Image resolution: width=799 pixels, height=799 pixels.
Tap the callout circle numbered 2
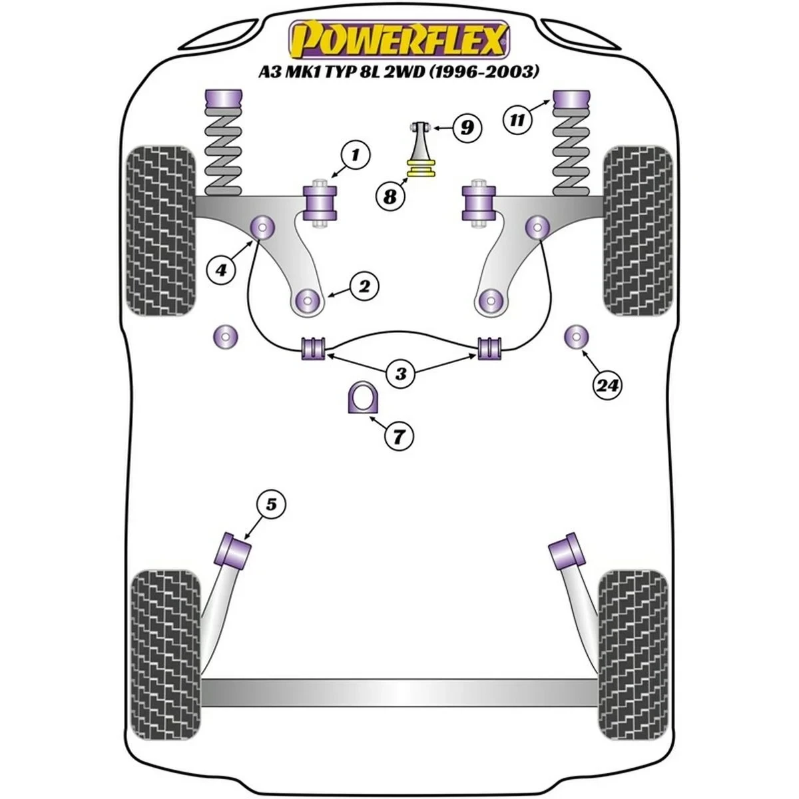tap(365, 287)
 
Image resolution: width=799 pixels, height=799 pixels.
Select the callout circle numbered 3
tap(400, 374)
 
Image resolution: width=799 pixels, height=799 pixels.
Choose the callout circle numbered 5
tap(270, 505)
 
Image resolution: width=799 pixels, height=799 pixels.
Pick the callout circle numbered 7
tap(399, 436)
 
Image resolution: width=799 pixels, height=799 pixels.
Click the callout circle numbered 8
tap(390, 196)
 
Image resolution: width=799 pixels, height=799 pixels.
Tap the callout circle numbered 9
tap(466, 126)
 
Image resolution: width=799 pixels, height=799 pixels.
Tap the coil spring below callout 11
tap(575, 153)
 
